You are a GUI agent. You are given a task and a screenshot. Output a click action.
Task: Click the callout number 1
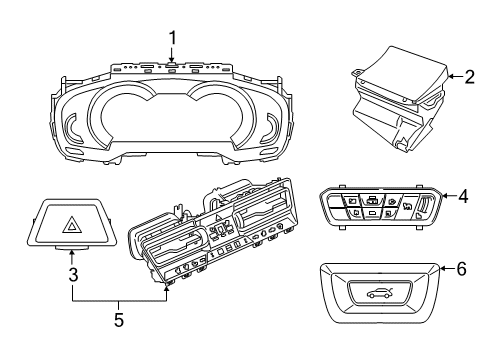(x=172, y=38)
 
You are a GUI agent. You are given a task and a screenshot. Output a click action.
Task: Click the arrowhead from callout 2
(x=448, y=75)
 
